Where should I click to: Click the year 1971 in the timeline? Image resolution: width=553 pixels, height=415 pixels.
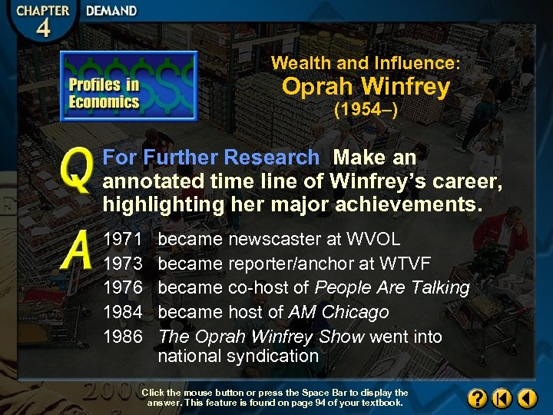point(123,239)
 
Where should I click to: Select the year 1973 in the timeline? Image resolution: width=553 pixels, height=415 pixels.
point(123,264)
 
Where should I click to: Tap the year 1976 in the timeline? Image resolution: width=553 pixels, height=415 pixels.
point(123,288)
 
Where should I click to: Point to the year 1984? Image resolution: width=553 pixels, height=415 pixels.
point(123,313)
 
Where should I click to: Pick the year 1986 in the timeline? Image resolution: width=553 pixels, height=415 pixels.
point(123,337)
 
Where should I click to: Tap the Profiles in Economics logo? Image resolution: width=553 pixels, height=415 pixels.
point(128,86)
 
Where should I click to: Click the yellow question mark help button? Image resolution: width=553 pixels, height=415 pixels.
point(477,398)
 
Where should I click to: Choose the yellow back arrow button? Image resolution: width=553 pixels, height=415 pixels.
point(527,398)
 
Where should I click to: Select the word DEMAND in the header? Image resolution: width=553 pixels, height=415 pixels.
point(111,12)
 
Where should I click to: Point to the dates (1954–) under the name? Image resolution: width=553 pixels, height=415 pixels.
point(365,110)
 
